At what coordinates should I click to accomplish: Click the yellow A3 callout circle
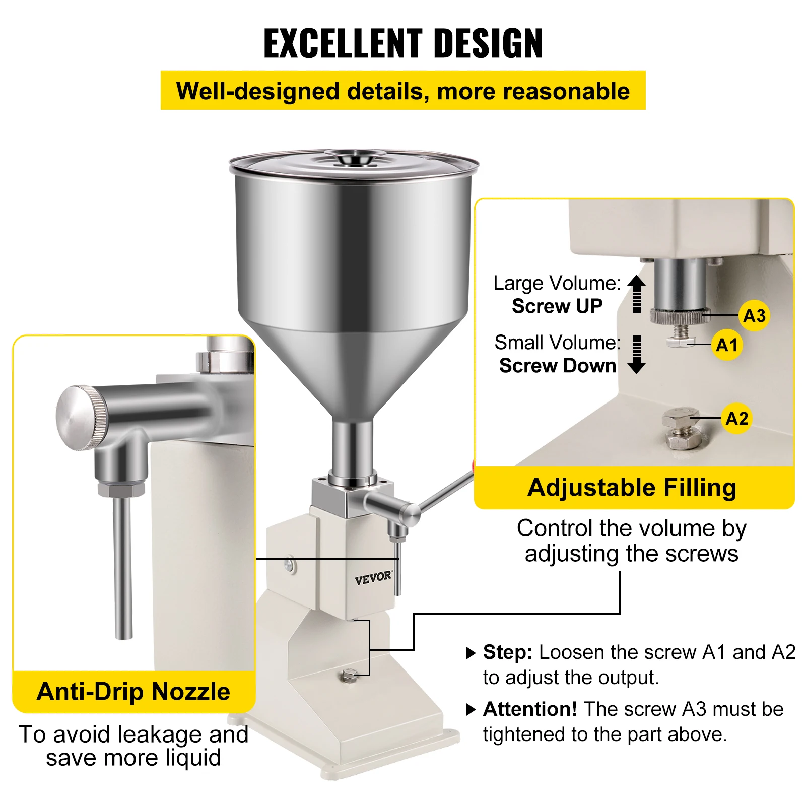click(x=754, y=316)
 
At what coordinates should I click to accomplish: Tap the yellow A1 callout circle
click(x=727, y=345)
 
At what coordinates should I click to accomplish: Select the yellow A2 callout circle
click(x=737, y=418)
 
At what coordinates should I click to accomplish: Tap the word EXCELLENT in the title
click(x=343, y=44)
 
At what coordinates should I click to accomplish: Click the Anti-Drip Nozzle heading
click(x=133, y=691)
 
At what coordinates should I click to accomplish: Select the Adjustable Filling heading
click(x=632, y=488)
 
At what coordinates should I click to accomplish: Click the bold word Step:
click(x=507, y=652)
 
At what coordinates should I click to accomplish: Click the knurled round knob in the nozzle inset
click(x=81, y=418)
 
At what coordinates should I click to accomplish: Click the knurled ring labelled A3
click(x=680, y=316)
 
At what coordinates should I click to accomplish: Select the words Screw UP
click(x=557, y=306)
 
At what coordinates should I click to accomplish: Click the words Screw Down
click(x=557, y=366)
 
